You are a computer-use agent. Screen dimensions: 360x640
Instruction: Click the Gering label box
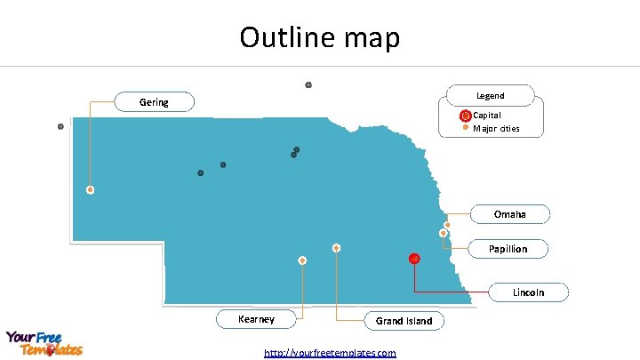click(x=154, y=102)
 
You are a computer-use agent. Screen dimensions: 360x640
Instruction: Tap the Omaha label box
click(x=509, y=214)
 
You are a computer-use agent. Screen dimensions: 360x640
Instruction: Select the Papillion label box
click(x=508, y=249)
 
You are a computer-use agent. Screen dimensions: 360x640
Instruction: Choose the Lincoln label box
click(x=528, y=292)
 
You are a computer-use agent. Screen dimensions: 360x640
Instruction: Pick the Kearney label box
click(x=256, y=319)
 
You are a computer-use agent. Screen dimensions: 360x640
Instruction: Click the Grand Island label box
click(x=404, y=321)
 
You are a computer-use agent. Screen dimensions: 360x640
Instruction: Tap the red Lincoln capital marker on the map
click(x=414, y=259)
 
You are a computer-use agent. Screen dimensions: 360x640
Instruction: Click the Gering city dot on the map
click(x=90, y=189)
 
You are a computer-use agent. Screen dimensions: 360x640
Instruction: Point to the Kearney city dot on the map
click(x=303, y=260)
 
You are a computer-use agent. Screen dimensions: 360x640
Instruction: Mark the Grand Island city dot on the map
click(x=336, y=247)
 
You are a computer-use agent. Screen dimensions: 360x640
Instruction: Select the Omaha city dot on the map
click(x=447, y=225)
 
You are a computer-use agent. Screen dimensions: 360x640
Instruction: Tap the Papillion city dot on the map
click(x=443, y=234)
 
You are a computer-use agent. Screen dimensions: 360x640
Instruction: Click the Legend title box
click(x=490, y=95)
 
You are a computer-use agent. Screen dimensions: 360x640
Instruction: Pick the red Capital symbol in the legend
click(x=465, y=116)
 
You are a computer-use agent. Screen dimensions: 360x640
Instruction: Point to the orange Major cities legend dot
click(x=466, y=128)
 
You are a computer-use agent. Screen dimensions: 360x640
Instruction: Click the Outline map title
click(x=320, y=37)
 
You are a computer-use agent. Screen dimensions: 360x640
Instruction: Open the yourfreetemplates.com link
click(x=330, y=353)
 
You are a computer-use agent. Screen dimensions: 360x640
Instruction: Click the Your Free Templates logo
click(x=44, y=343)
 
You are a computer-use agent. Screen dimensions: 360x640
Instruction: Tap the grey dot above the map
click(x=308, y=84)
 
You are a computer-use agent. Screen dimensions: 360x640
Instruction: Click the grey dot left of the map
click(x=60, y=126)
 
